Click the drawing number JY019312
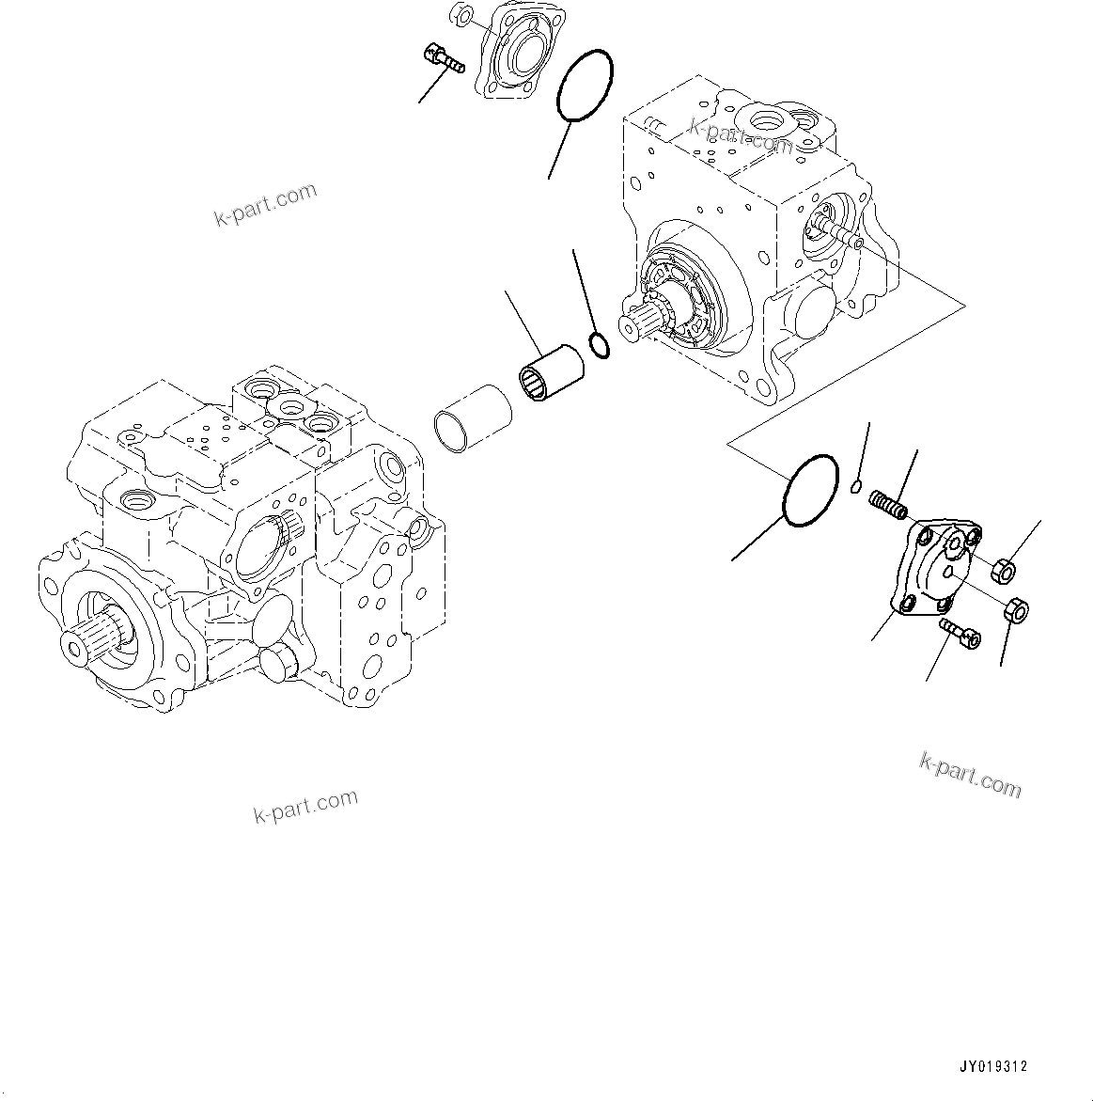(993, 1067)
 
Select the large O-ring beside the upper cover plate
(584, 87)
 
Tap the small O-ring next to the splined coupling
(600, 345)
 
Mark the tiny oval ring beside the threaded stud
(855, 485)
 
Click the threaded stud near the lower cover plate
(889, 504)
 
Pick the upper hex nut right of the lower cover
(1003, 569)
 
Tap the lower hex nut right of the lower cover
(1018, 610)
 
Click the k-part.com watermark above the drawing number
(969, 776)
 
